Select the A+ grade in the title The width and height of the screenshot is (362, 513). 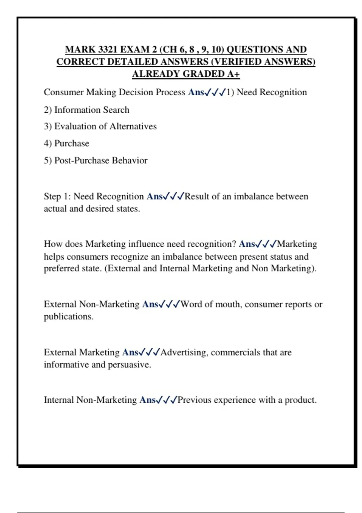[233, 74]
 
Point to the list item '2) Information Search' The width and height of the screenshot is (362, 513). [87, 110]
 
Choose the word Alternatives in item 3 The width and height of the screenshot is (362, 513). [133, 126]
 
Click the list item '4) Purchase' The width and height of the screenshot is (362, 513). [66, 143]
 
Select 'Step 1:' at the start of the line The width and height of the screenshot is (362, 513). [57, 196]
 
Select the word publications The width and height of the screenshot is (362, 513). [68, 317]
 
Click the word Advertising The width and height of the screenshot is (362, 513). [184, 352]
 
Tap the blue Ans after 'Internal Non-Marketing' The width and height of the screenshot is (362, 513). [148, 400]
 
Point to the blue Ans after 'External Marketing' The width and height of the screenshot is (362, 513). [130, 352]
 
